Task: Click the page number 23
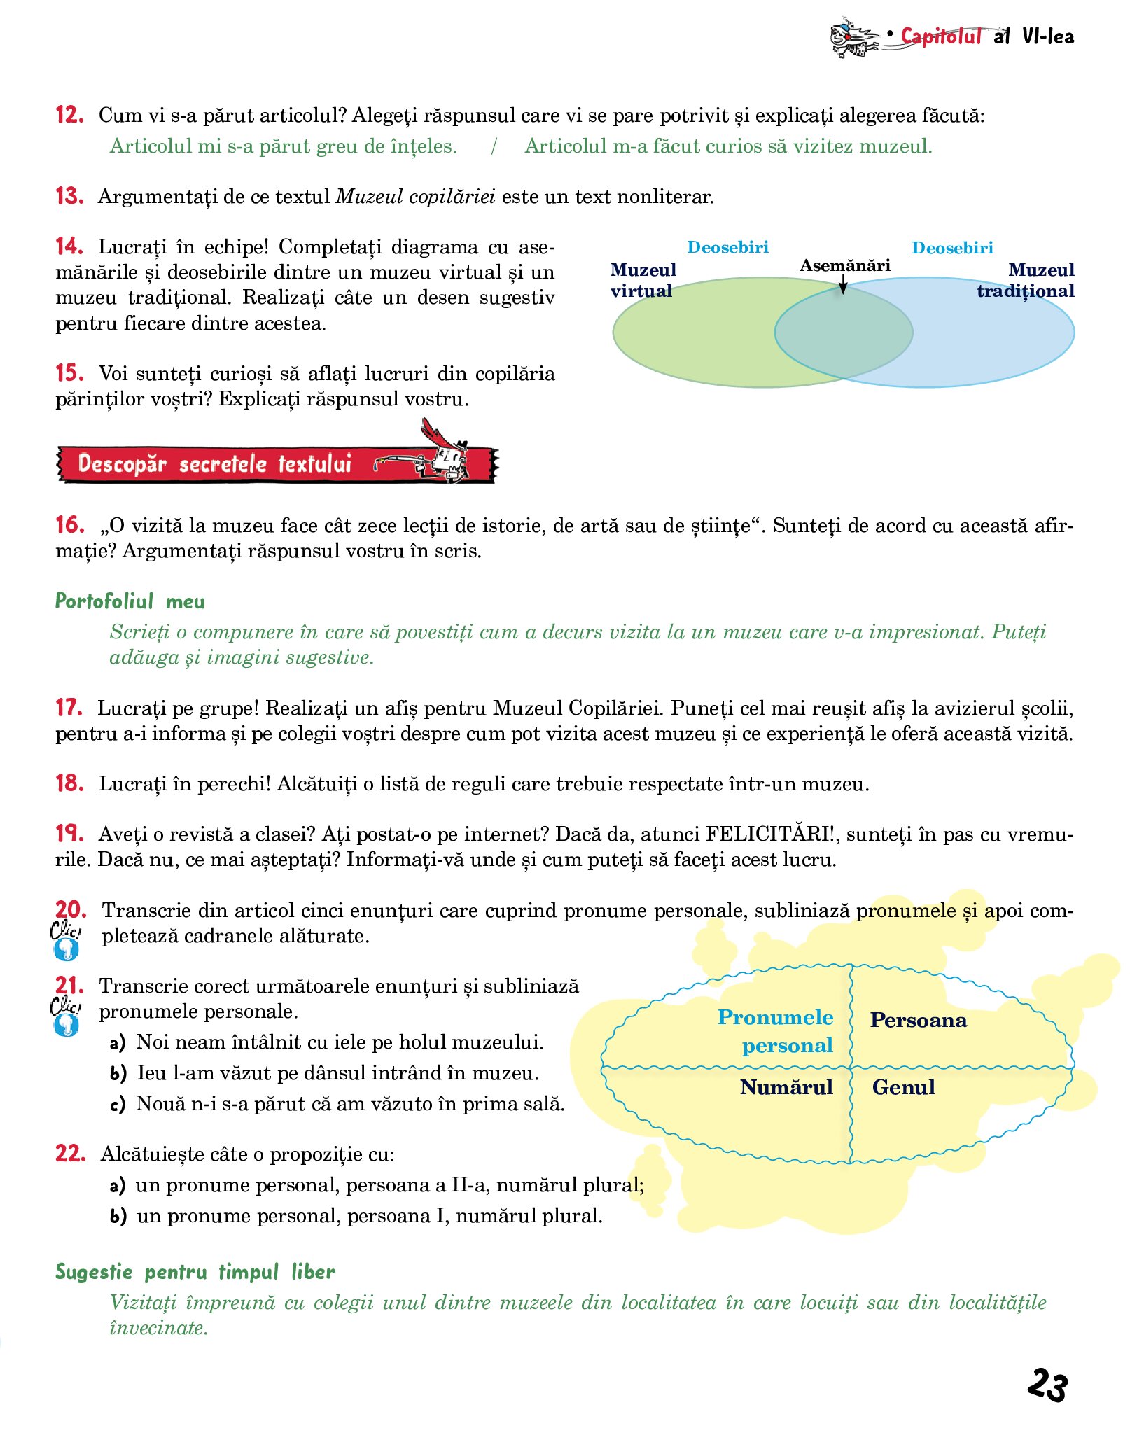[x=1047, y=1385]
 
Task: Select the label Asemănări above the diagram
[x=845, y=265]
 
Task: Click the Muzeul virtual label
[x=643, y=280]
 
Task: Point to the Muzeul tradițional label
[x=1026, y=280]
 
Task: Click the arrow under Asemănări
[x=844, y=284]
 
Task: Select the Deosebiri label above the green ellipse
[x=727, y=247]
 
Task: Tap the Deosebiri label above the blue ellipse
[x=952, y=248]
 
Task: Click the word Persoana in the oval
[x=918, y=1021]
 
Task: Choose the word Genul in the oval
[x=903, y=1087]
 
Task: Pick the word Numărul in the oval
[x=786, y=1087]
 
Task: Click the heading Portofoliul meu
[x=130, y=601]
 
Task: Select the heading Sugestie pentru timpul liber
[x=195, y=1272]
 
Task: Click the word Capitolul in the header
[x=940, y=36]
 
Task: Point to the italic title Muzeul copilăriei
[x=416, y=197]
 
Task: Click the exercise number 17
[x=69, y=708]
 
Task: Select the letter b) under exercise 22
[x=118, y=1216]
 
